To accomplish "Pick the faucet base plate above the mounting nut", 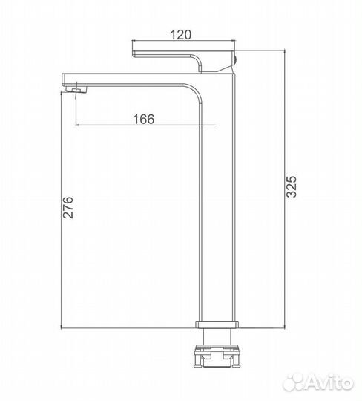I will coord(217,325).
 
